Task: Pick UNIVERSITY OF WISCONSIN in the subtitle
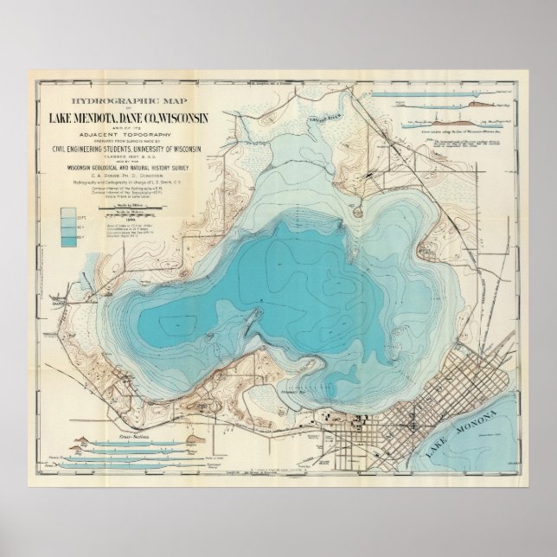pyautogui.click(x=176, y=150)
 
